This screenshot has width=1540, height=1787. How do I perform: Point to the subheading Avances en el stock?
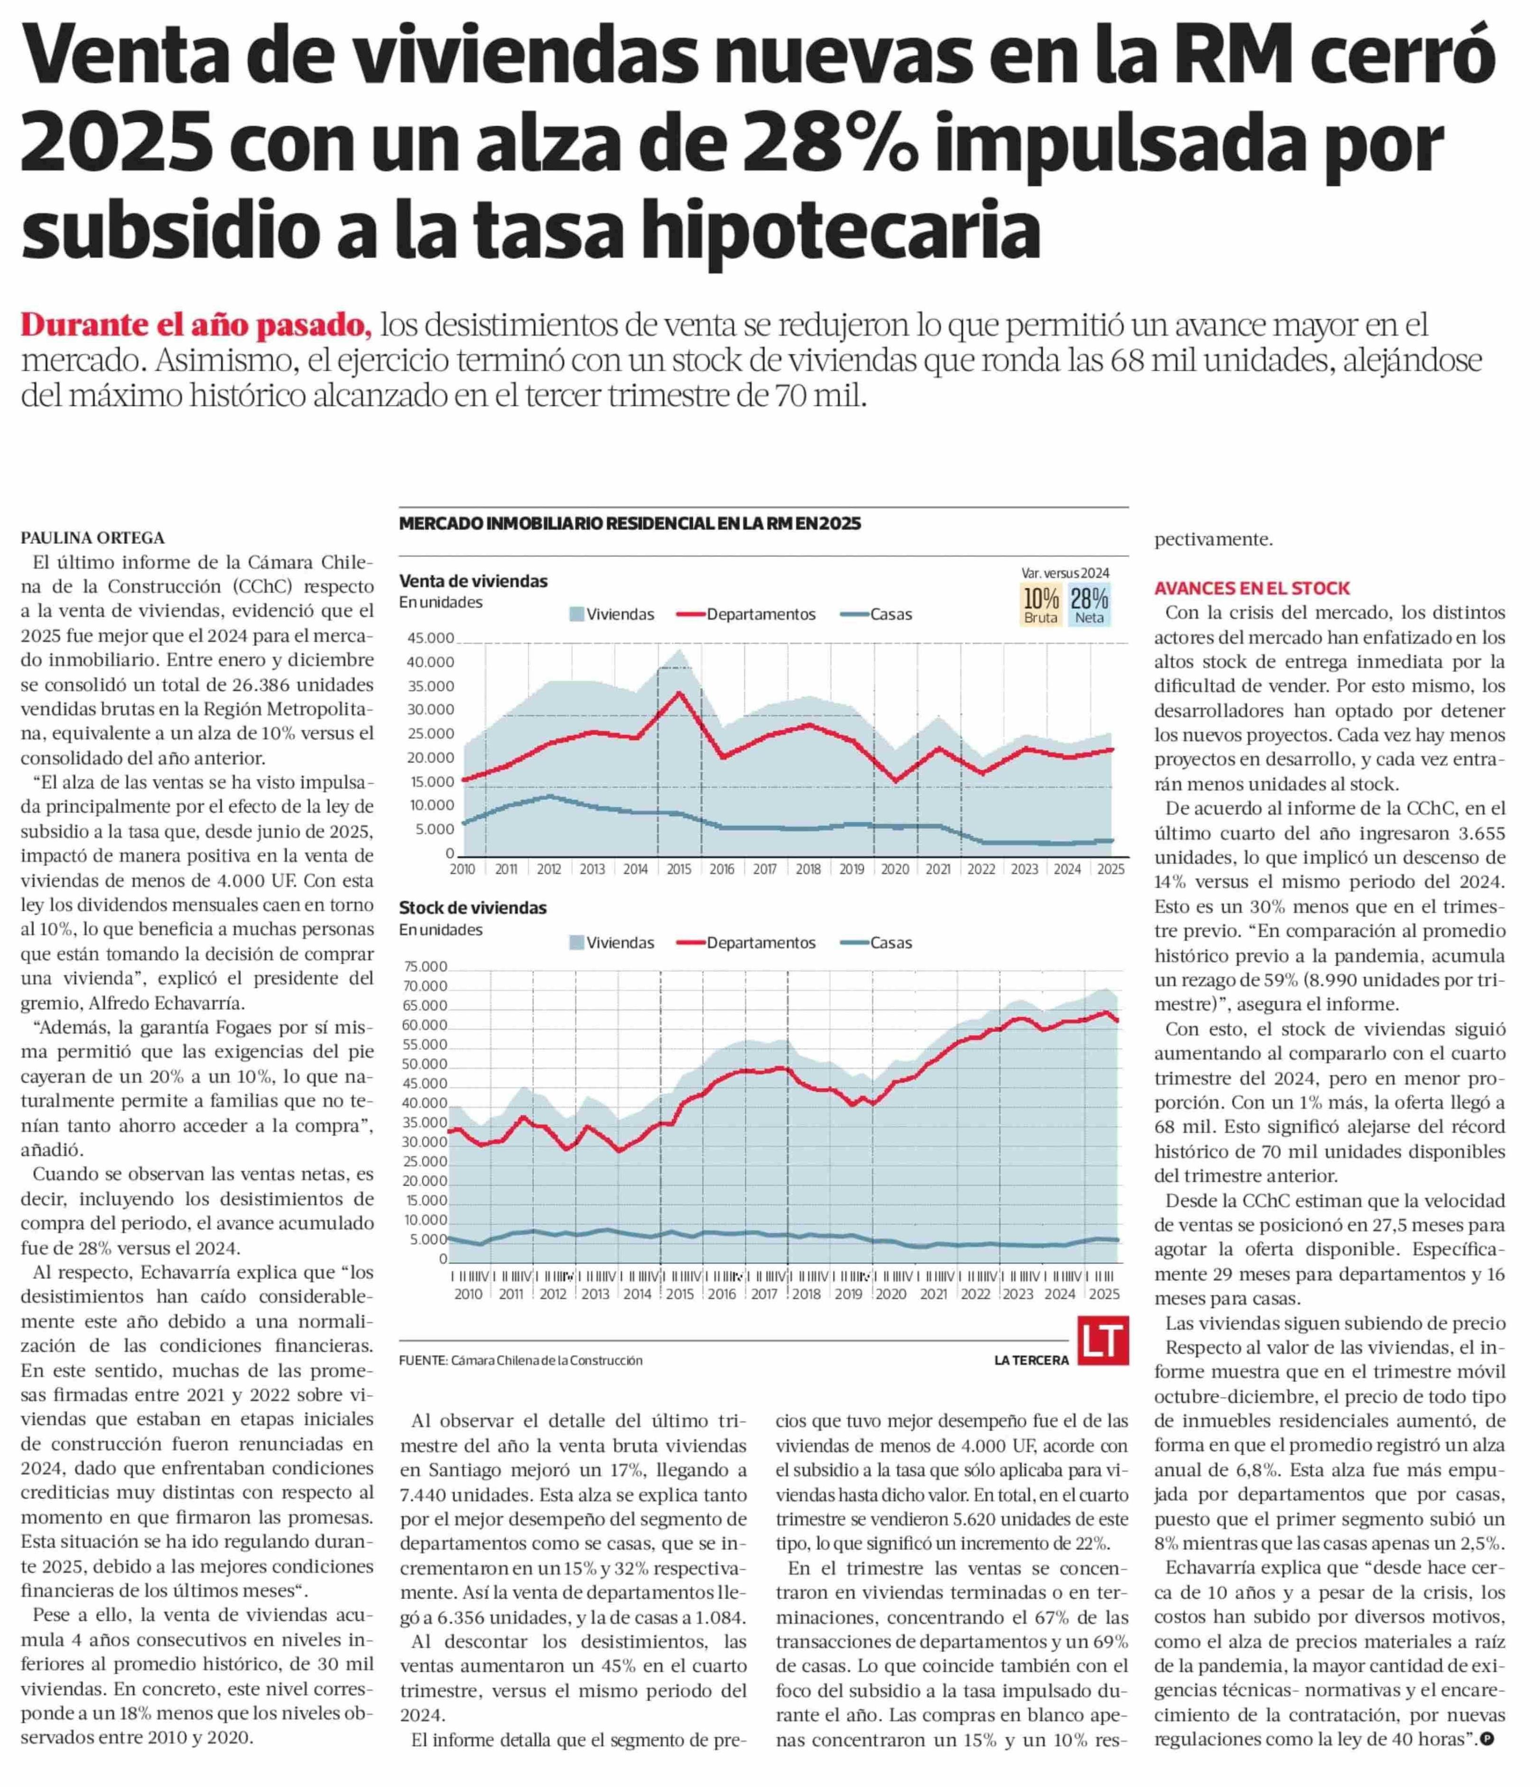(1252, 588)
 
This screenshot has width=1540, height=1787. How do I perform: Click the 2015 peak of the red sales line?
(680, 694)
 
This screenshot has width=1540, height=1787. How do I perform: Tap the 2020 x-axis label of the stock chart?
(891, 1294)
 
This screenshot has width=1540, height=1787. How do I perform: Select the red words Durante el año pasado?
(196, 325)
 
